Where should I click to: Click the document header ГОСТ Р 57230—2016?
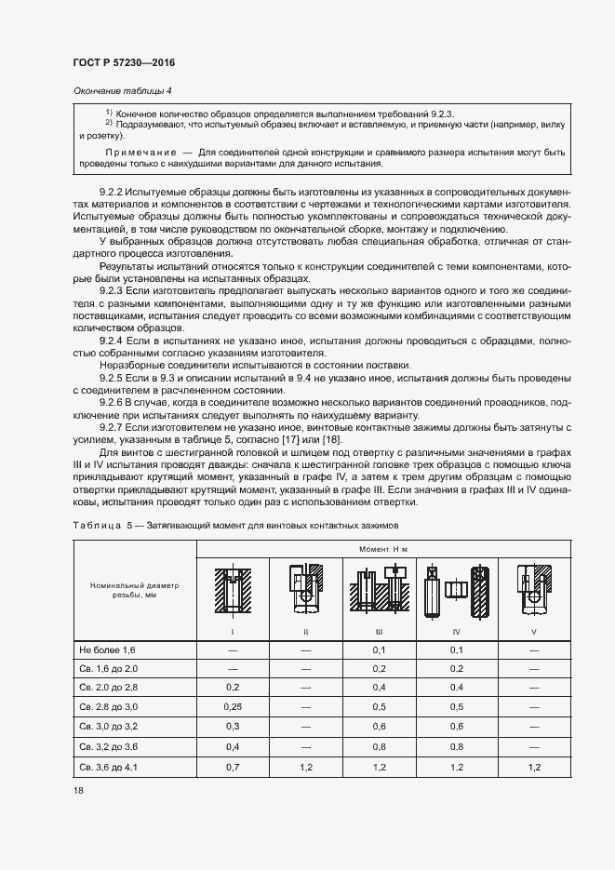click(123, 63)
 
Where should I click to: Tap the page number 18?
click(76, 790)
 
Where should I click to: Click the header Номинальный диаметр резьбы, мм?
click(133, 591)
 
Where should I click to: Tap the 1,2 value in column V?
click(533, 768)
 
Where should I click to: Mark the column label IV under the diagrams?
click(456, 632)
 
